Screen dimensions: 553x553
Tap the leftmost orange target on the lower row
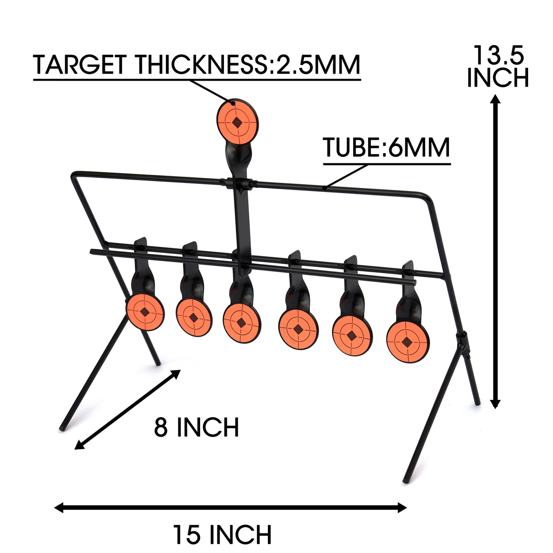(145, 312)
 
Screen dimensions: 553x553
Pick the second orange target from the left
(194, 317)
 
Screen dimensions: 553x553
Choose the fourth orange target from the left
(298, 328)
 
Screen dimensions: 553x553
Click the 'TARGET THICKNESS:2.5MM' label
(197, 65)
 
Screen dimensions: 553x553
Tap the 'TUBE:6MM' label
(387, 148)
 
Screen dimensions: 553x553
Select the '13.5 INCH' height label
(498, 67)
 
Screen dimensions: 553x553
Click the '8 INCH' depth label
(196, 427)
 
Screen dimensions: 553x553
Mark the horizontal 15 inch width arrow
(230, 508)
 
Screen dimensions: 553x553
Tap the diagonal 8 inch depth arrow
(127, 409)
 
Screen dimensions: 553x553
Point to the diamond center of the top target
(238, 122)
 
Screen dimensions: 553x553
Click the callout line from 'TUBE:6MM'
(346, 176)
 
